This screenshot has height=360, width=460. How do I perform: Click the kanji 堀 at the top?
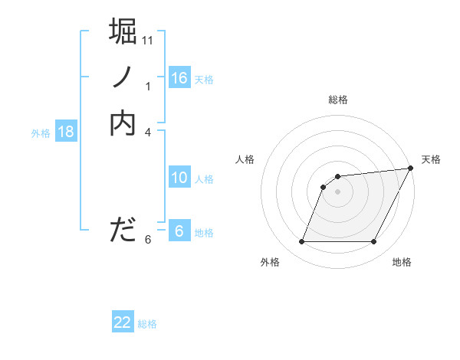click(x=123, y=31)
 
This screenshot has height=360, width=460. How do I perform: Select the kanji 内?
click(x=123, y=123)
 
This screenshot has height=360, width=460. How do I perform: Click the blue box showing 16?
click(x=179, y=77)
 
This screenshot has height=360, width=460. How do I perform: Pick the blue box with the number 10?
click(x=179, y=178)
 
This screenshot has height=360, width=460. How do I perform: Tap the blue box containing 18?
click(x=66, y=132)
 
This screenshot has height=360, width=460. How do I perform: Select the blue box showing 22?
click(x=123, y=322)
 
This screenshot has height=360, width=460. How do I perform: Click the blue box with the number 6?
click(x=179, y=231)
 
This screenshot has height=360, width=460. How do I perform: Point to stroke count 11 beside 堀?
click(x=149, y=40)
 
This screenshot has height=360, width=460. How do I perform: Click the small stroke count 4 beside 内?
click(x=148, y=132)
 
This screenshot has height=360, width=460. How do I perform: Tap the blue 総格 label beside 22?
click(x=147, y=324)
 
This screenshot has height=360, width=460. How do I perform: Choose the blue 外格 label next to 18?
click(x=41, y=133)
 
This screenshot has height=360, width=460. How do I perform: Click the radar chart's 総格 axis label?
click(x=338, y=100)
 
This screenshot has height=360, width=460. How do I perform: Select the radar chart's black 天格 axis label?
click(x=431, y=159)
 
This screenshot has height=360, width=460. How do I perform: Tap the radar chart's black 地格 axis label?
click(x=402, y=262)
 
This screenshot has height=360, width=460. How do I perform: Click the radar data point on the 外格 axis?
click(x=302, y=242)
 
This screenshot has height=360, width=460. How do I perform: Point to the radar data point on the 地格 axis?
click(x=374, y=242)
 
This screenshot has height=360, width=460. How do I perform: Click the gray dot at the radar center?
click(x=338, y=191)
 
